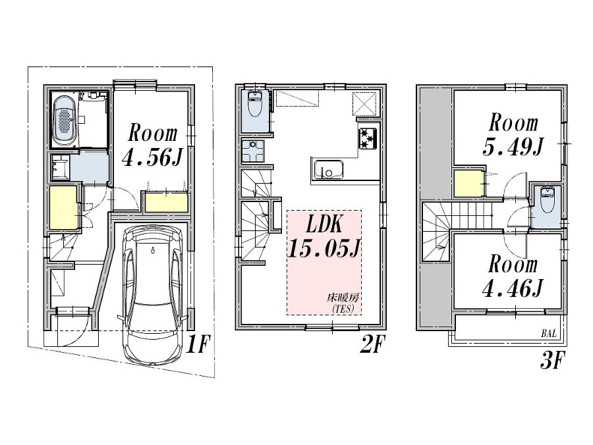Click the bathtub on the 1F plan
[64, 120]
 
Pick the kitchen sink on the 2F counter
[325, 170]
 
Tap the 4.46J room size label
[512, 288]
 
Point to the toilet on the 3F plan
[546, 201]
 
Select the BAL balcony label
[549, 334]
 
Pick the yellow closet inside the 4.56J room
[165, 203]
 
